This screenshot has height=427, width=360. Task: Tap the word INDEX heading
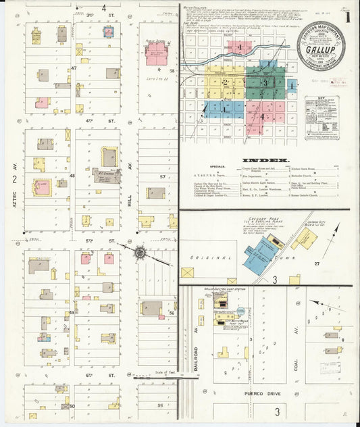[x=261, y=160]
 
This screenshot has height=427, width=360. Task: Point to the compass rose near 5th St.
[x=140, y=253]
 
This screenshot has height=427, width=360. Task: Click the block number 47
[x=74, y=68]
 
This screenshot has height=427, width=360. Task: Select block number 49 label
[x=72, y=313]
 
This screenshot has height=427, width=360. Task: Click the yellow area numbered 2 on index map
[x=224, y=82]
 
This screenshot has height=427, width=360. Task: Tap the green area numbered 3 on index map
[x=265, y=82]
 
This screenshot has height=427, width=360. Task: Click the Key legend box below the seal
[x=321, y=118]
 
